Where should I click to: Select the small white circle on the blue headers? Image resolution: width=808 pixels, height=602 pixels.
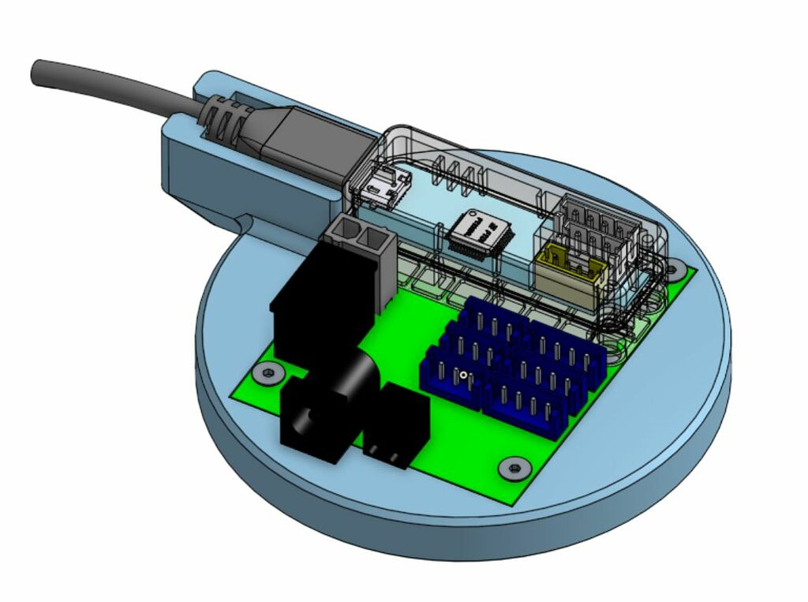[464, 375]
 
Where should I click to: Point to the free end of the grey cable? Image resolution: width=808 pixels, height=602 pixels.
[39, 73]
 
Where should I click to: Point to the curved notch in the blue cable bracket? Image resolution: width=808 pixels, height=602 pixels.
[245, 226]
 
